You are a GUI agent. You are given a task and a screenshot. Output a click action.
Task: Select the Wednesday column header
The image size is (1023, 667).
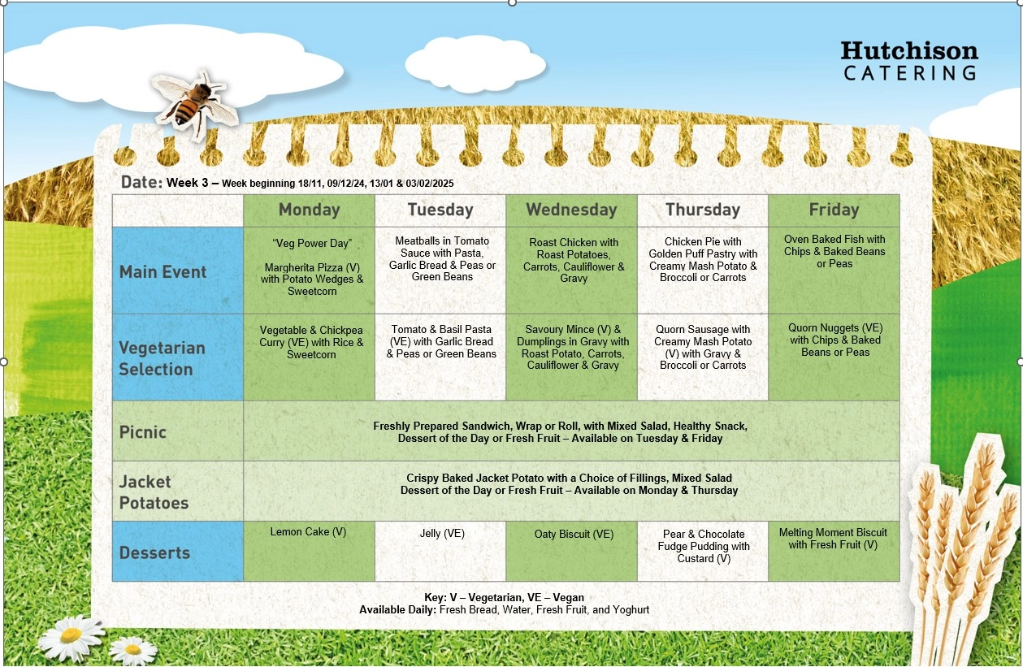[x=571, y=210]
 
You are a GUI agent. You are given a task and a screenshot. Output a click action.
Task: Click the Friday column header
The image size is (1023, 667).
[x=834, y=210]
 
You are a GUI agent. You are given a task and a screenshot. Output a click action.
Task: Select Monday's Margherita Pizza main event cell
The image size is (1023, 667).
[x=310, y=271]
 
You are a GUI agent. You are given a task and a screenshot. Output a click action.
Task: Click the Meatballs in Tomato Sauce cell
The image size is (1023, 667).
[x=440, y=271]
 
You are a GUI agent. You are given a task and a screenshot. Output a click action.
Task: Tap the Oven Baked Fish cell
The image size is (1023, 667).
[x=834, y=271]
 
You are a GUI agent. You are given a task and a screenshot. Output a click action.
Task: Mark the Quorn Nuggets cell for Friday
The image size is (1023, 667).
[x=834, y=357]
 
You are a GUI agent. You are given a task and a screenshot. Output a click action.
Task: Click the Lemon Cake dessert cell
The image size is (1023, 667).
[x=310, y=551]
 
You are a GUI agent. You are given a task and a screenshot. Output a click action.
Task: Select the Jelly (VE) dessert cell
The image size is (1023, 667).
[x=440, y=551]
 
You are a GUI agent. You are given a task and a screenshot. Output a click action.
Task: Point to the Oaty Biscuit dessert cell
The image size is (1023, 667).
[x=571, y=551]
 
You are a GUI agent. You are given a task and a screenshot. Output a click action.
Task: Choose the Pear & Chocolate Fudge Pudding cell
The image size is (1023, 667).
[x=703, y=551]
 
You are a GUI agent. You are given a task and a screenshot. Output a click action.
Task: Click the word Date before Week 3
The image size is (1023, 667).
[x=141, y=182]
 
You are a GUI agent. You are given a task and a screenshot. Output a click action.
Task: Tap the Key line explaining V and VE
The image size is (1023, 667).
[x=505, y=597]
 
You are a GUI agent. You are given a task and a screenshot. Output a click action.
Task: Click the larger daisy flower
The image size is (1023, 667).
[x=71, y=637]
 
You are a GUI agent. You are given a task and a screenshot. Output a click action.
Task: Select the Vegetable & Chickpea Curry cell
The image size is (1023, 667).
[x=310, y=357]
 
